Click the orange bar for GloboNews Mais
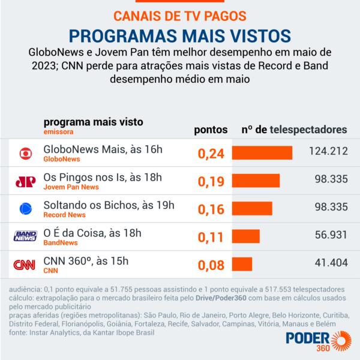click(x=262, y=153)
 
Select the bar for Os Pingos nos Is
click(x=256, y=181)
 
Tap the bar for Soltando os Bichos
click(x=252, y=209)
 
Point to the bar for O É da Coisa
click(x=245, y=236)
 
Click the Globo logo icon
click(x=25, y=154)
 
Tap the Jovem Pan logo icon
click(x=25, y=181)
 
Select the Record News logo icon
click(x=25, y=209)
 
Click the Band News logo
click(x=25, y=237)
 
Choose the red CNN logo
click(x=25, y=265)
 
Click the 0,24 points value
click(x=211, y=154)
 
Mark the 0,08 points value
click(x=211, y=265)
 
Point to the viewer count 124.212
click(x=326, y=152)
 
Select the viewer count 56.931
click(x=331, y=236)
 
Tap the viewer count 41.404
click(x=331, y=263)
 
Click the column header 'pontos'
click(x=212, y=129)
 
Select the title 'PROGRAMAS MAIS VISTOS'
click(x=180, y=33)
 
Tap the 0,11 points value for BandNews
click(x=211, y=237)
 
